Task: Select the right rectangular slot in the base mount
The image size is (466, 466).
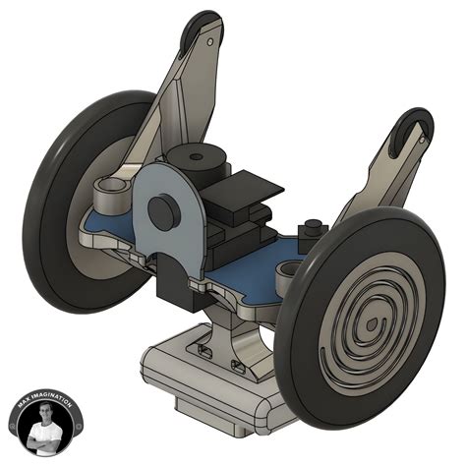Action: (238, 364)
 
